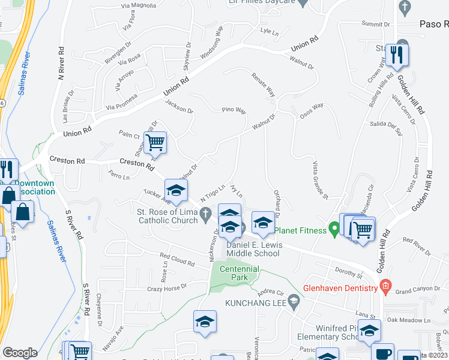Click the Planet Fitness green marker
point(334,230)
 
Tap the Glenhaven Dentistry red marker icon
point(385,289)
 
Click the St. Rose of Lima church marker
point(205,213)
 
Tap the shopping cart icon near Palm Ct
point(155,144)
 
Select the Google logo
point(20,352)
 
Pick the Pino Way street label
point(234,110)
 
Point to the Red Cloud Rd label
point(178,260)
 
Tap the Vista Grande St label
point(319,179)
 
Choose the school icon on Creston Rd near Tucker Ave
point(176,191)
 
